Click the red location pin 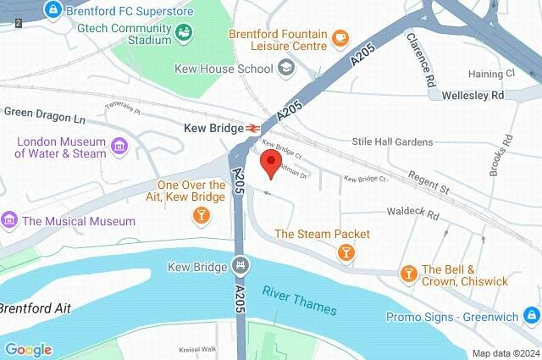(271, 163)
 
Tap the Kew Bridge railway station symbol (252, 127)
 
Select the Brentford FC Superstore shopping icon (53, 10)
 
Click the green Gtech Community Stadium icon (183, 32)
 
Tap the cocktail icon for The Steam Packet (346, 252)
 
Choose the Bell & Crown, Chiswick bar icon (408, 273)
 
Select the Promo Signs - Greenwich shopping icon (530, 317)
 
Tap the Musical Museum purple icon (10, 221)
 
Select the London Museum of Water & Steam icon (119, 147)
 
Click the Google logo (28, 349)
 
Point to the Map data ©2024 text (506, 353)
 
